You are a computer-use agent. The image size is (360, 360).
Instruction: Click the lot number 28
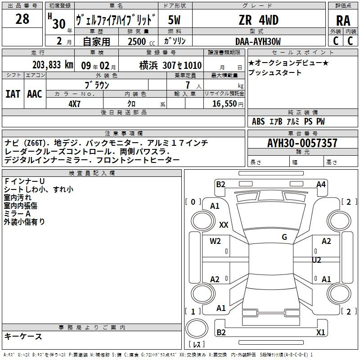22,19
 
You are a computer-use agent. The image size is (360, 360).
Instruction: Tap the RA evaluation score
343,21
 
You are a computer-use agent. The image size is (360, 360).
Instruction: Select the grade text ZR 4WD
258,20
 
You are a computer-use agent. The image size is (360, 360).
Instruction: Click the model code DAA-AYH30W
258,41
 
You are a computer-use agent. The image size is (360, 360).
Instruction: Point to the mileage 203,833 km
53,65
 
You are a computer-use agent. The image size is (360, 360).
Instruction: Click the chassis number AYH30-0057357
302,143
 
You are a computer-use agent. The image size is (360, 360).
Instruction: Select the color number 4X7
75,104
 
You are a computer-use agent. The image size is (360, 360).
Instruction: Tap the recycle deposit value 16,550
224,104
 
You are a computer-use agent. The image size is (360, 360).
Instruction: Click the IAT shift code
13,94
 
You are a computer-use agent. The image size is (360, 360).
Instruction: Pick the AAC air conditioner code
35,94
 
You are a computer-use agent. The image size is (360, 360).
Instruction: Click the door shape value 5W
174,20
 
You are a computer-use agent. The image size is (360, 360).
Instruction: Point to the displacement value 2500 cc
141,41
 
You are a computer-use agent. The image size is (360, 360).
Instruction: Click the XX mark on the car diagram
224,225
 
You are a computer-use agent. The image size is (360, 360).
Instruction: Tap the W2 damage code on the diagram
215,241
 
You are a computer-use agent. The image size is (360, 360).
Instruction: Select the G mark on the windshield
284,237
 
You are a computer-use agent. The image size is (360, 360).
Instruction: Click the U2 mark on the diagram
316,260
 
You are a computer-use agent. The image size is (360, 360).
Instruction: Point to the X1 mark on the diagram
320,333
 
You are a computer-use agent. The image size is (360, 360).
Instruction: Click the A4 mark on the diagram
321,184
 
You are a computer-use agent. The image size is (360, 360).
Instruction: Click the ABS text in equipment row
258,121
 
